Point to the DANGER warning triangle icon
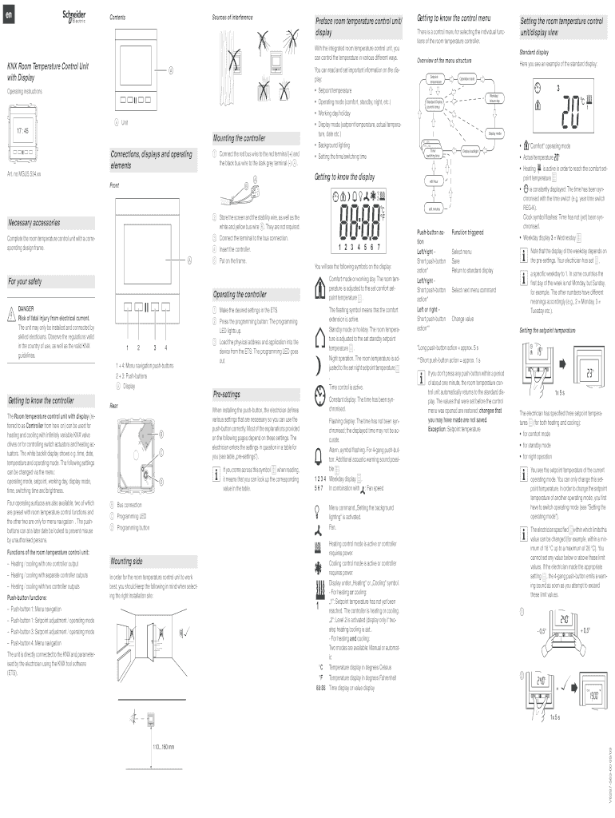click(12, 311)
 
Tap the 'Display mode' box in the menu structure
click(488, 133)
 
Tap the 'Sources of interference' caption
click(232, 16)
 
